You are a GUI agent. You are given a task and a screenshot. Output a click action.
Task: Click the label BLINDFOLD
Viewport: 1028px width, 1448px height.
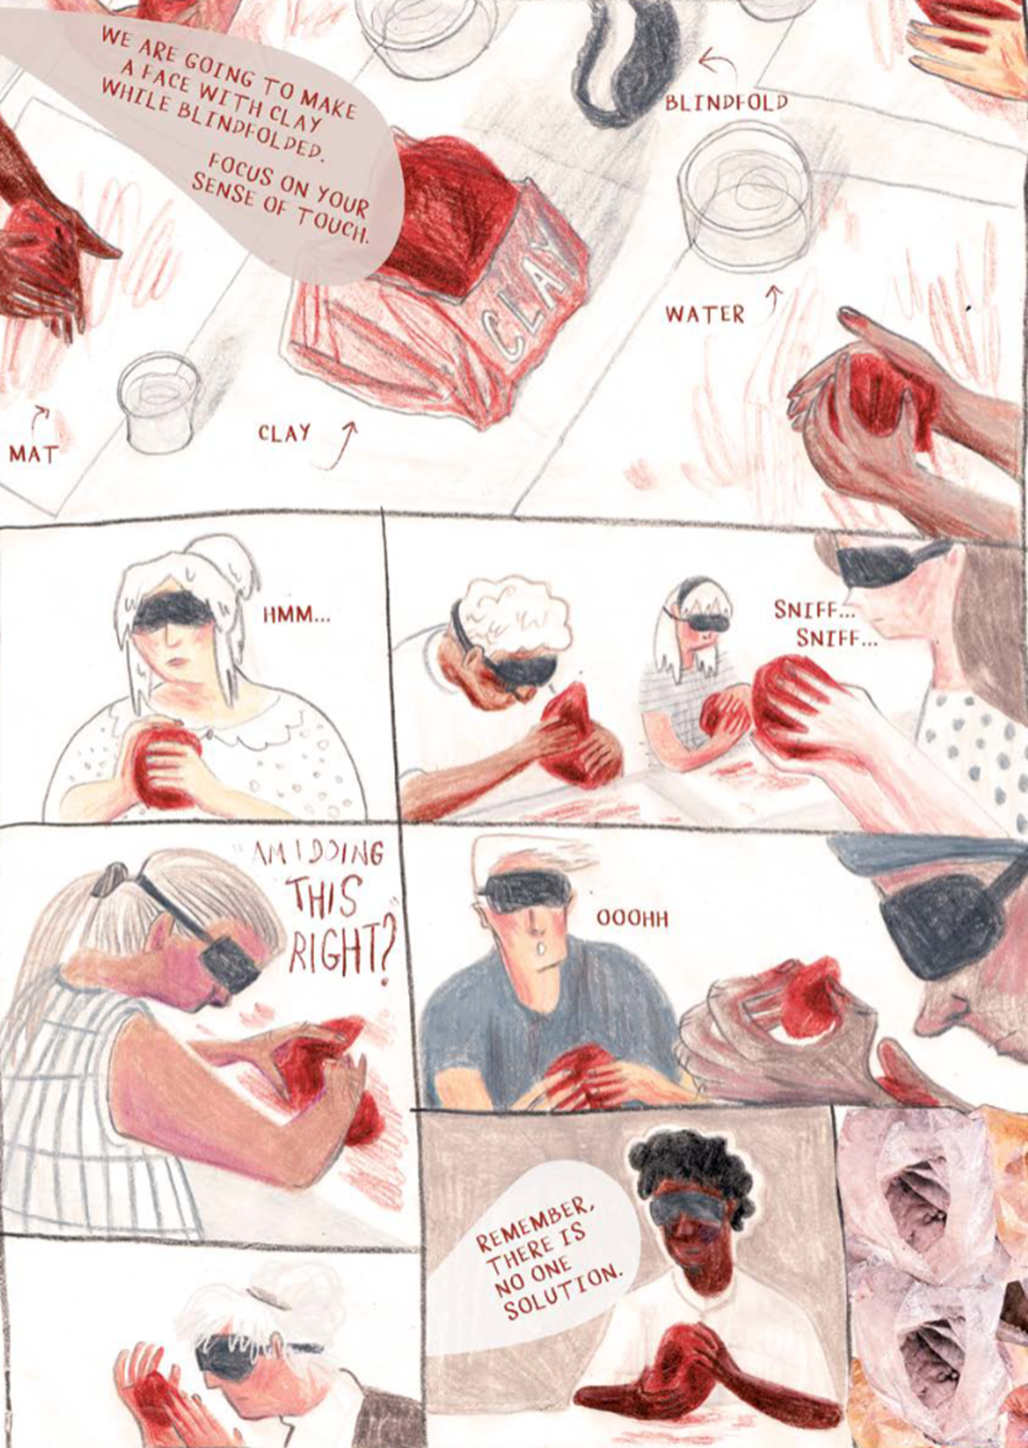726,102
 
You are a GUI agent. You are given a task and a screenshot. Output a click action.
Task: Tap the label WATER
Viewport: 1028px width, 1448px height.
704,314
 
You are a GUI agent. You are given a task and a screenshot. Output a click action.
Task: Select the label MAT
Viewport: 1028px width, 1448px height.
34,454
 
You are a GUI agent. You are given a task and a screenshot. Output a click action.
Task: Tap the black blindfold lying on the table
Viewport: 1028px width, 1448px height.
623,60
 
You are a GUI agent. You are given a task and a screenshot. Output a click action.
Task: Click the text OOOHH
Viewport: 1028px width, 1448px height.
632,918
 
